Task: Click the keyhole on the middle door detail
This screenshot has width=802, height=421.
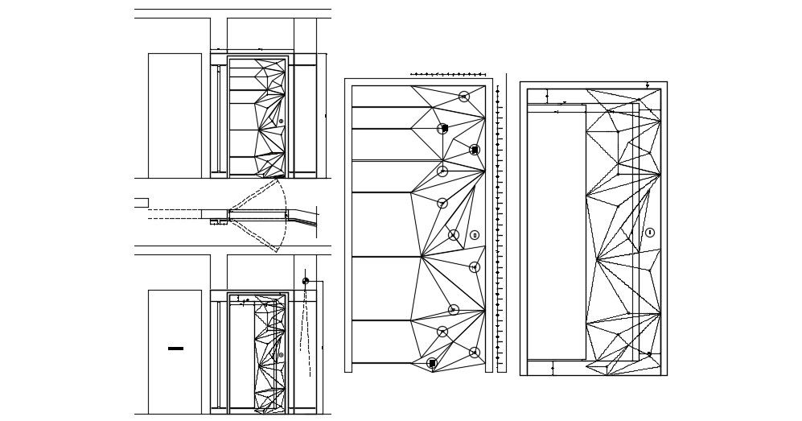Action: point(475,235)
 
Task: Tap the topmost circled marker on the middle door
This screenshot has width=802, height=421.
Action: point(463,97)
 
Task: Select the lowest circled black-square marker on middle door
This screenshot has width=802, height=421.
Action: point(432,364)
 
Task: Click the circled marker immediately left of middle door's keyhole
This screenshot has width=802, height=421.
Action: point(454,235)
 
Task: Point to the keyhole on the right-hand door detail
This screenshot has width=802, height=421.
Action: point(650,233)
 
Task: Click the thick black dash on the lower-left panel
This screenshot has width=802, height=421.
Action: point(175,349)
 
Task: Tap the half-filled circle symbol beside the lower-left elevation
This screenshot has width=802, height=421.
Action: point(306,281)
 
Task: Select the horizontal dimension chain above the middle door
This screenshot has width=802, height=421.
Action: point(446,74)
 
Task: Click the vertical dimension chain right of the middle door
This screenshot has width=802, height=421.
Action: point(498,225)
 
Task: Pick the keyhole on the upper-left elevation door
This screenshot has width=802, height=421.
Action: point(281,122)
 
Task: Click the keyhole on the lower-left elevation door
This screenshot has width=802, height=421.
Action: point(281,355)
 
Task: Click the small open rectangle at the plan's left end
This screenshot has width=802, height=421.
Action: point(141,203)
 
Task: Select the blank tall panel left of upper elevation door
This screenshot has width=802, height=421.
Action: point(175,115)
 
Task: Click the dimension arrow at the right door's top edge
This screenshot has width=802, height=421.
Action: point(648,85)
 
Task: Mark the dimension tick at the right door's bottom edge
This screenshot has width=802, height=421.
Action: point(553,369)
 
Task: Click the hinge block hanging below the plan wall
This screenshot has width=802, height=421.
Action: point(218,222)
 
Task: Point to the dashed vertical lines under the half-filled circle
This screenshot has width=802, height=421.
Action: point(305,330)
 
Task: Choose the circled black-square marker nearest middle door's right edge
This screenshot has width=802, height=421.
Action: point(475,150)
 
